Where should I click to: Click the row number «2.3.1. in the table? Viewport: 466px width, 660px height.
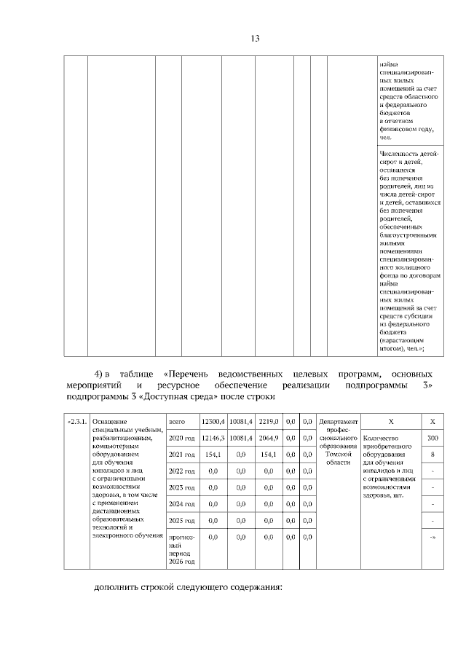[76, 422]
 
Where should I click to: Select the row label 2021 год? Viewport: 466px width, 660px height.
[181, 455]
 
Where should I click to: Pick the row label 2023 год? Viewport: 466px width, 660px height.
[181, 487]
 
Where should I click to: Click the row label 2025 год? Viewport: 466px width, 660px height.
[181, 521]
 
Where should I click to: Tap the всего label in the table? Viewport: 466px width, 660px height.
[177, 422]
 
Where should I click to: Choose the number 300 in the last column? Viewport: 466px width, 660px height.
[433, 439]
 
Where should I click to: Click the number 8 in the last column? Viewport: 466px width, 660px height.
[433, 455]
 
